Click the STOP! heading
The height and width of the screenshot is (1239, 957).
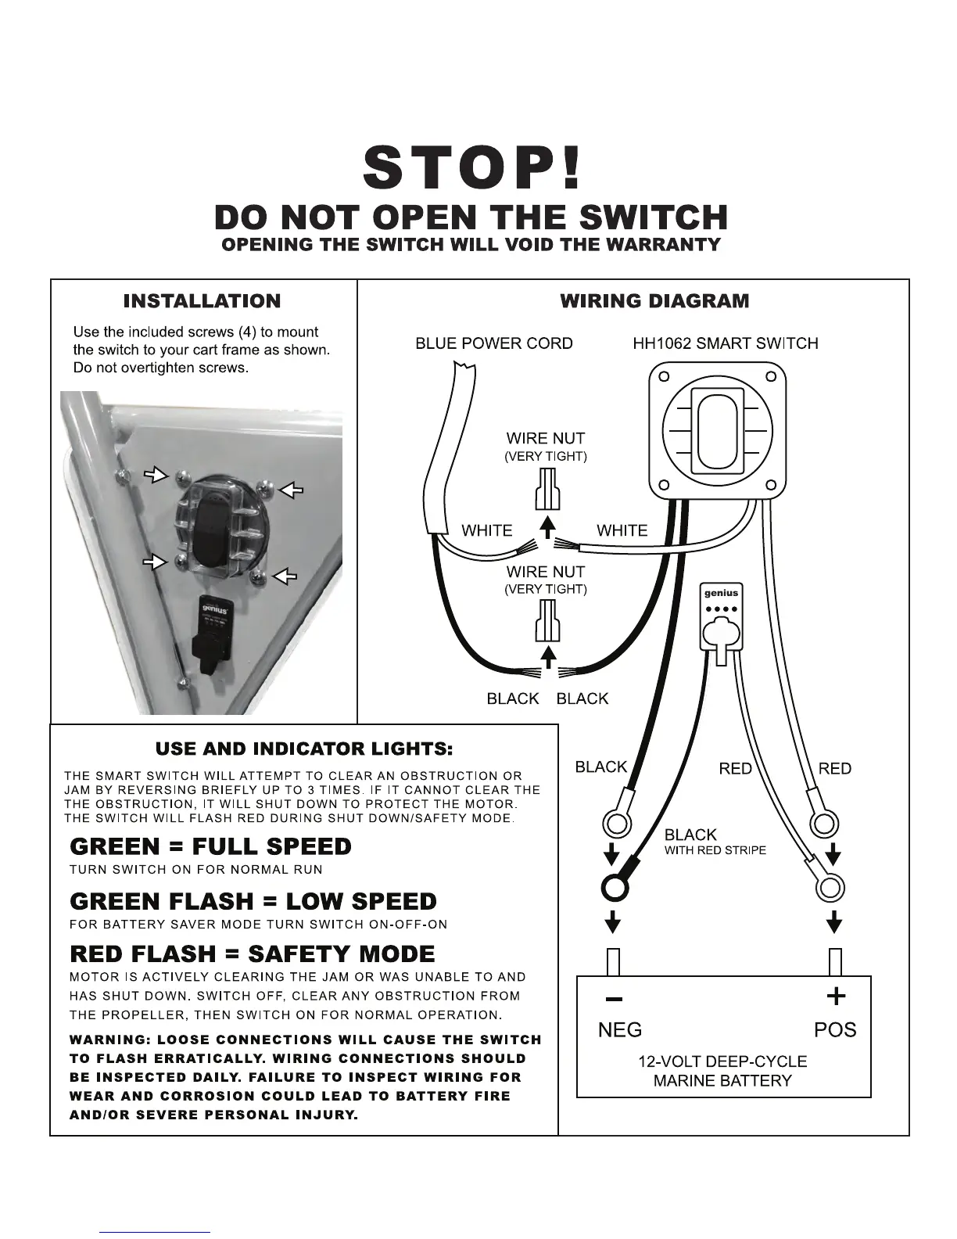click(x=473, y=169)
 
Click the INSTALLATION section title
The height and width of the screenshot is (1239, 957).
click(x=202, y=301)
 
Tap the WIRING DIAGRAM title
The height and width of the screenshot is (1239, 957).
click(x=654, y=301)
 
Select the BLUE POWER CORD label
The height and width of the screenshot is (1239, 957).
click(x=493, y=343)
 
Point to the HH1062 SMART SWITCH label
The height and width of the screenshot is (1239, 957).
click(x=725, y=343)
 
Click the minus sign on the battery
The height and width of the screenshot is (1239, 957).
click(x=615, y=999)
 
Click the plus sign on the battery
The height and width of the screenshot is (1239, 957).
click(x=836, y=996)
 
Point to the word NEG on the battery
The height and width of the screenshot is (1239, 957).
click(x=619, y=1030)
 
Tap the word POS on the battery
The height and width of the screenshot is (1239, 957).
click(x=835, y=1030)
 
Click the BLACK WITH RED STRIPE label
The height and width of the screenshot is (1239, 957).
click(x=715, y=842)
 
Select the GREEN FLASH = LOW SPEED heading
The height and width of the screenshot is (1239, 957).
click(x=253, y=901)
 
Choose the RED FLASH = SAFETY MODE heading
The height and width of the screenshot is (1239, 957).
click(x=253, y=954)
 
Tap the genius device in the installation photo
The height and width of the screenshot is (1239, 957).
click(x=215, y=627)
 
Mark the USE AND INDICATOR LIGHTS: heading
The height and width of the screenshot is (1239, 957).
click(x=304, y=749)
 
